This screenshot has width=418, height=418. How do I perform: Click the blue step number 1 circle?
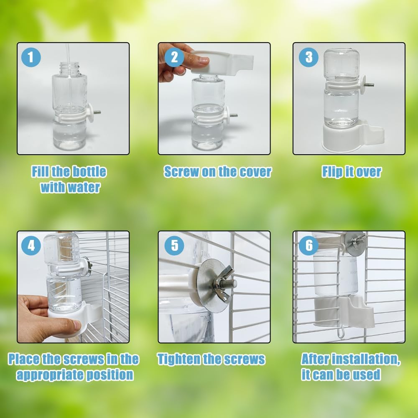[31, 57]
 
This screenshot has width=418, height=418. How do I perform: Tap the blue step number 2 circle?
[174, 57]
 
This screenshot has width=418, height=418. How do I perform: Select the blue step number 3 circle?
[308, 57]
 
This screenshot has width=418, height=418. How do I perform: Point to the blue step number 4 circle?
[31, 246]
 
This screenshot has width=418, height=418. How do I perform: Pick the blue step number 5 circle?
[174, 246]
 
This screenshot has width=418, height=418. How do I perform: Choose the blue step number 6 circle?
[308, 246]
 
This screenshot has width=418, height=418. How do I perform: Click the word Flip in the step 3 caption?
[332, 172]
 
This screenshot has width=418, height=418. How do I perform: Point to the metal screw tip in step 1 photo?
[97, 112]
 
